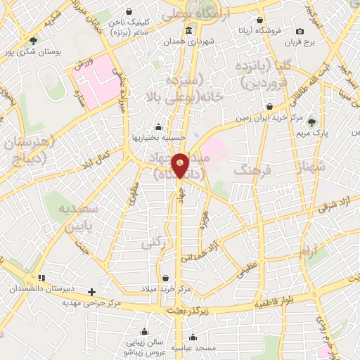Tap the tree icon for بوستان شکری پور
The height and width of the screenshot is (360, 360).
coord(32,40)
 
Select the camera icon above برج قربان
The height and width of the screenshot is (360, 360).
coord(300,31)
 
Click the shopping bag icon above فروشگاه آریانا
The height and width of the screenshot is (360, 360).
coord(261,20)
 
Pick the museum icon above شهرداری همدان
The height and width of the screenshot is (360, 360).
coord(188,32)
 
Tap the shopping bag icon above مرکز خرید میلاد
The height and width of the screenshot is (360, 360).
coord(165,278)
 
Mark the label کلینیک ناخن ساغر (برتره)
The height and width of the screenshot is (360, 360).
coord(129,27)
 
